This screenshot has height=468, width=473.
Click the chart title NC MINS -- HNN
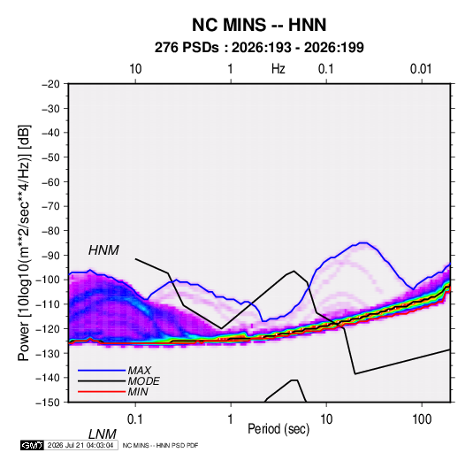tap(259, 25)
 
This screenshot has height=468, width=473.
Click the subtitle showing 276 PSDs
tap(259, 48)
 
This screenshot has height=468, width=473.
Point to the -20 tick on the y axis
tap(50, 84)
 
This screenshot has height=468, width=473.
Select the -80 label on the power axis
tap(50, 231)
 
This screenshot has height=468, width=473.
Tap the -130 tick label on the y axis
tap(49, 353)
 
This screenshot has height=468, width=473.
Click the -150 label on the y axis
tap(49, 403)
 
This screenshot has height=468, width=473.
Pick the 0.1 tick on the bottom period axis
tap(135, 419)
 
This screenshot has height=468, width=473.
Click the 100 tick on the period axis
tap(422, 419)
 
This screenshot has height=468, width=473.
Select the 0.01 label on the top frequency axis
tap(421, 69)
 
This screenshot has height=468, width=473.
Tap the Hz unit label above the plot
tap(278, 69)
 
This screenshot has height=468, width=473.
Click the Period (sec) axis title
tap(278, 429)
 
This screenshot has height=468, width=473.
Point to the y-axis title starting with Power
tap(24, 243)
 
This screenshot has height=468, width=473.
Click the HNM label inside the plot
tap(103, 250)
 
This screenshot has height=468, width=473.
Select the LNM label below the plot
tap(103, 434)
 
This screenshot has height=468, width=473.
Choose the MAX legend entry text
tap(139, 371)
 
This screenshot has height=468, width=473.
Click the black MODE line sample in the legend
tap(102, 381)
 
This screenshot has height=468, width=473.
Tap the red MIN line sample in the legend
tap(102, 392)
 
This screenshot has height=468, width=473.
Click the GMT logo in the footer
tap(33, 445)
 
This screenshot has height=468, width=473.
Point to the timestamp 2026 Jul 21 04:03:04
tap(80, 445)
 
